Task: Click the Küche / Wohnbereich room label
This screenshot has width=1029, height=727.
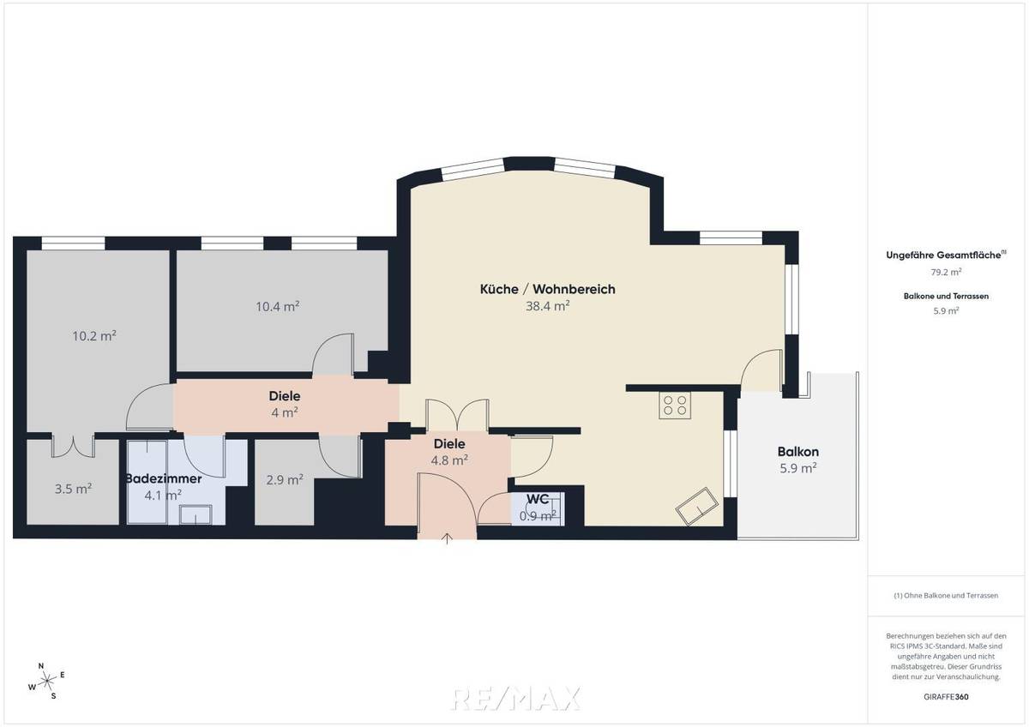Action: click(x=547, y=290)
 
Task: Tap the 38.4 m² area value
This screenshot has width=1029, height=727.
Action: click(x=548, y=305)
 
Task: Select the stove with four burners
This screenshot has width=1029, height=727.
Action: click(x=675, y=405)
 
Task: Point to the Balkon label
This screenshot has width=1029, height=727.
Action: click(x=797, y=452)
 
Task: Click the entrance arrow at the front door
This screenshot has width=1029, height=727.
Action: click(x=447, y=538)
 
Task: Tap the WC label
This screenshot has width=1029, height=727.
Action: click(x=538, y=499)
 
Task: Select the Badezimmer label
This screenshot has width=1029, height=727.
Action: click(x=164, y=478)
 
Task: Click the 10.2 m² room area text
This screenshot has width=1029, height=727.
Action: click(x=94, y=336)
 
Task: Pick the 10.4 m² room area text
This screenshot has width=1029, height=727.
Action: click(x=277, y=306)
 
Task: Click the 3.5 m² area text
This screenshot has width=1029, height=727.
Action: click(x=73, y=489)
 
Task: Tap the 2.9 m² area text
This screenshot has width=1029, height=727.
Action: click(x=285, y=480)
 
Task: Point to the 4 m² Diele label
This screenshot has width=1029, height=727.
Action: click(x=284, y=404)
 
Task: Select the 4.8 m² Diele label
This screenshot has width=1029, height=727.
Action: click(x=449, y=452)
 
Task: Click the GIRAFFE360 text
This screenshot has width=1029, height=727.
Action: click(x=946, y=697)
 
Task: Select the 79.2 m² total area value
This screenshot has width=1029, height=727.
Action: click(x=946, y=272)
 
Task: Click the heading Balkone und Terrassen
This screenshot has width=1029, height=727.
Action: click(x=946, y=296)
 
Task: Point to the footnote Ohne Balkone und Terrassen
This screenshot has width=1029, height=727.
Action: click(x=946, y=595)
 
